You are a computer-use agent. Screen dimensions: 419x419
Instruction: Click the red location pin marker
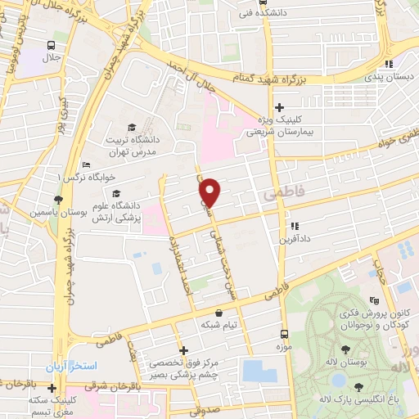[x=210, y=191]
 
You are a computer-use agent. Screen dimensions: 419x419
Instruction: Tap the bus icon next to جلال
[x=52, y=46]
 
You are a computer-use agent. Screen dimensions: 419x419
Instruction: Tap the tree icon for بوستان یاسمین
[x=57, y=198]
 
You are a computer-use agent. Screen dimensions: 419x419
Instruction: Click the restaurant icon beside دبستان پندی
[x=390, y=64]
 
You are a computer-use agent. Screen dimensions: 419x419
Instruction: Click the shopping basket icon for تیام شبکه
[x=219, y=313]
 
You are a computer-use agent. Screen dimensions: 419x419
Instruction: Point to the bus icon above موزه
[x=284, y=334]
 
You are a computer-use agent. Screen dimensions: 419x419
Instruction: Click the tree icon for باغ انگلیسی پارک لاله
[x=359, y=385]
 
